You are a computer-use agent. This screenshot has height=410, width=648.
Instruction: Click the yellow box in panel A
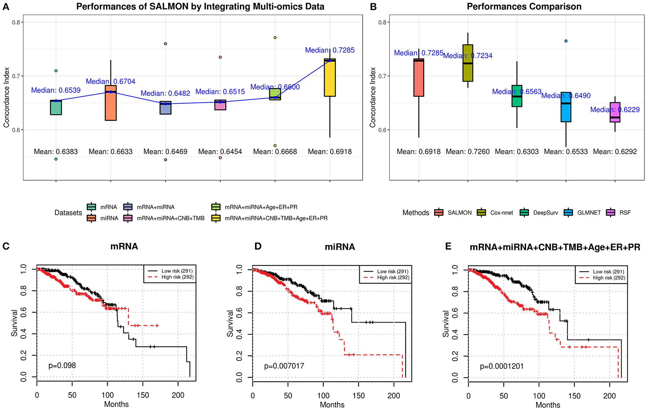pos(330,77)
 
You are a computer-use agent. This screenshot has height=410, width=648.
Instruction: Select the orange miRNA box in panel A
pos(111,103)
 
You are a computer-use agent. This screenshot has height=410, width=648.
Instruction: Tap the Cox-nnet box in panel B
pos(468,63)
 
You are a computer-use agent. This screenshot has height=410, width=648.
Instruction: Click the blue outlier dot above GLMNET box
pos(566,41)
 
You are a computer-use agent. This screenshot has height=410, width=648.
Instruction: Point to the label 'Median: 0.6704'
pos(111,82)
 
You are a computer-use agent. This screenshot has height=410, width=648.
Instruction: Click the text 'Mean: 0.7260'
pos(468,152)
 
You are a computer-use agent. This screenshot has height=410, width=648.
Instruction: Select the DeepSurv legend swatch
pos(524,213)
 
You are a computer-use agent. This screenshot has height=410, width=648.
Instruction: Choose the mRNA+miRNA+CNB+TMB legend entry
pos(170,218)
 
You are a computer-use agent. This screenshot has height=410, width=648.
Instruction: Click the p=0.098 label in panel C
pos(62,365)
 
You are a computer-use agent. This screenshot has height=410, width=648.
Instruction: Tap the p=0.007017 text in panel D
pos(284,366)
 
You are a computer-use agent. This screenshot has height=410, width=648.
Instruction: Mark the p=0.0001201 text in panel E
pos(501,366)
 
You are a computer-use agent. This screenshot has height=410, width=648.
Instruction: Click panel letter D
pos(258,246)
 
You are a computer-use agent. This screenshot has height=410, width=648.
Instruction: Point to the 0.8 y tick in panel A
pos(16,22)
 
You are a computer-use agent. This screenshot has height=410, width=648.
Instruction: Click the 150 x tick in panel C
pos(143,395)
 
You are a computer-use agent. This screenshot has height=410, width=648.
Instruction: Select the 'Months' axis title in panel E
pos(548,405)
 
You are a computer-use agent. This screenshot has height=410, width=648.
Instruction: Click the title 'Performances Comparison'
pos(524,6)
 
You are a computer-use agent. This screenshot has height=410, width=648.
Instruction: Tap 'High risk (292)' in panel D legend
pos(393,277)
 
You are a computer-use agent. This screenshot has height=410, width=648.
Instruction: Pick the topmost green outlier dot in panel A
pos(275,38)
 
